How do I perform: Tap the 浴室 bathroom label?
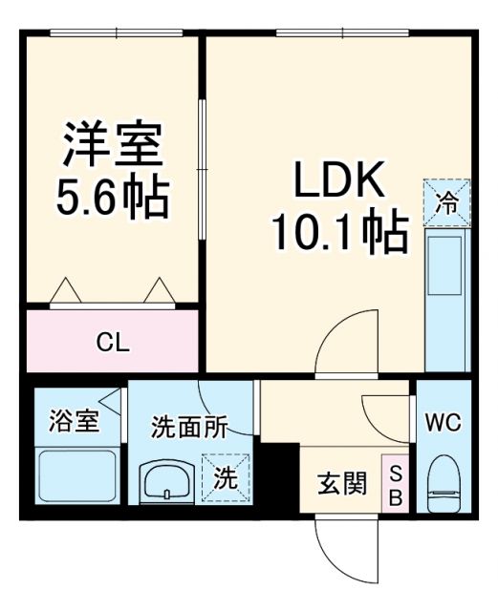click(x=74, y=421)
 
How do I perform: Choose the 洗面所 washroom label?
click(x=189, y=428)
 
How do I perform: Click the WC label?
click(x=444, y=421)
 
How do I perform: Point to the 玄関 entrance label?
click(x=341, y=484)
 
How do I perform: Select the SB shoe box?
click(x=396, y=485)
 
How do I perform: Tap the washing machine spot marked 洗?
click(x=227, y=478)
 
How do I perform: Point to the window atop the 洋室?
click(x=116, y=34)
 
